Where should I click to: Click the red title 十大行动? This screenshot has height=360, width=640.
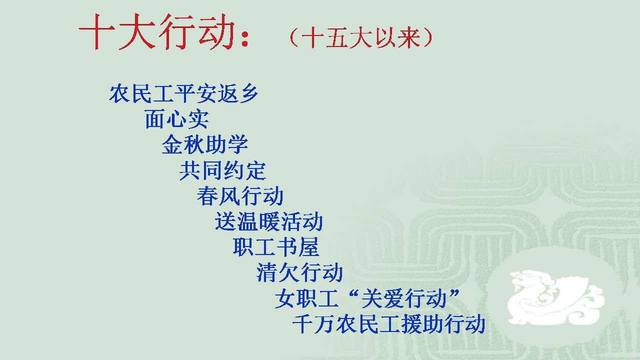156,32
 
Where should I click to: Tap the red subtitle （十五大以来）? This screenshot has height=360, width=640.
361,37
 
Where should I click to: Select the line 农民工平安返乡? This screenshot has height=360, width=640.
183,93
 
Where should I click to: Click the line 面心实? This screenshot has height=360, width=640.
177,119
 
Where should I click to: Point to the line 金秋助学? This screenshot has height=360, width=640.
205,144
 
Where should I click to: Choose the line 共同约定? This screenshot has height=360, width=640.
223,170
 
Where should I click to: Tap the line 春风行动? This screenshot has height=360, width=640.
240,195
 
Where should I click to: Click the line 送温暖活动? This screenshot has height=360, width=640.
269,221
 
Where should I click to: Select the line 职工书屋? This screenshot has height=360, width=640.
276,247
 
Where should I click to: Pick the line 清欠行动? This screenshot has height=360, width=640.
299,272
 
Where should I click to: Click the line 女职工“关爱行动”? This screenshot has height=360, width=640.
367,298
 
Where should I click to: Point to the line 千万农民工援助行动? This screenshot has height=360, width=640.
389,323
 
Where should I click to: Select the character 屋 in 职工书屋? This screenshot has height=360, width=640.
309,247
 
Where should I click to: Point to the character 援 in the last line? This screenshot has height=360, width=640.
411,323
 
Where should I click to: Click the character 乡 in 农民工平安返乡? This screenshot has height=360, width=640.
248,93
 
